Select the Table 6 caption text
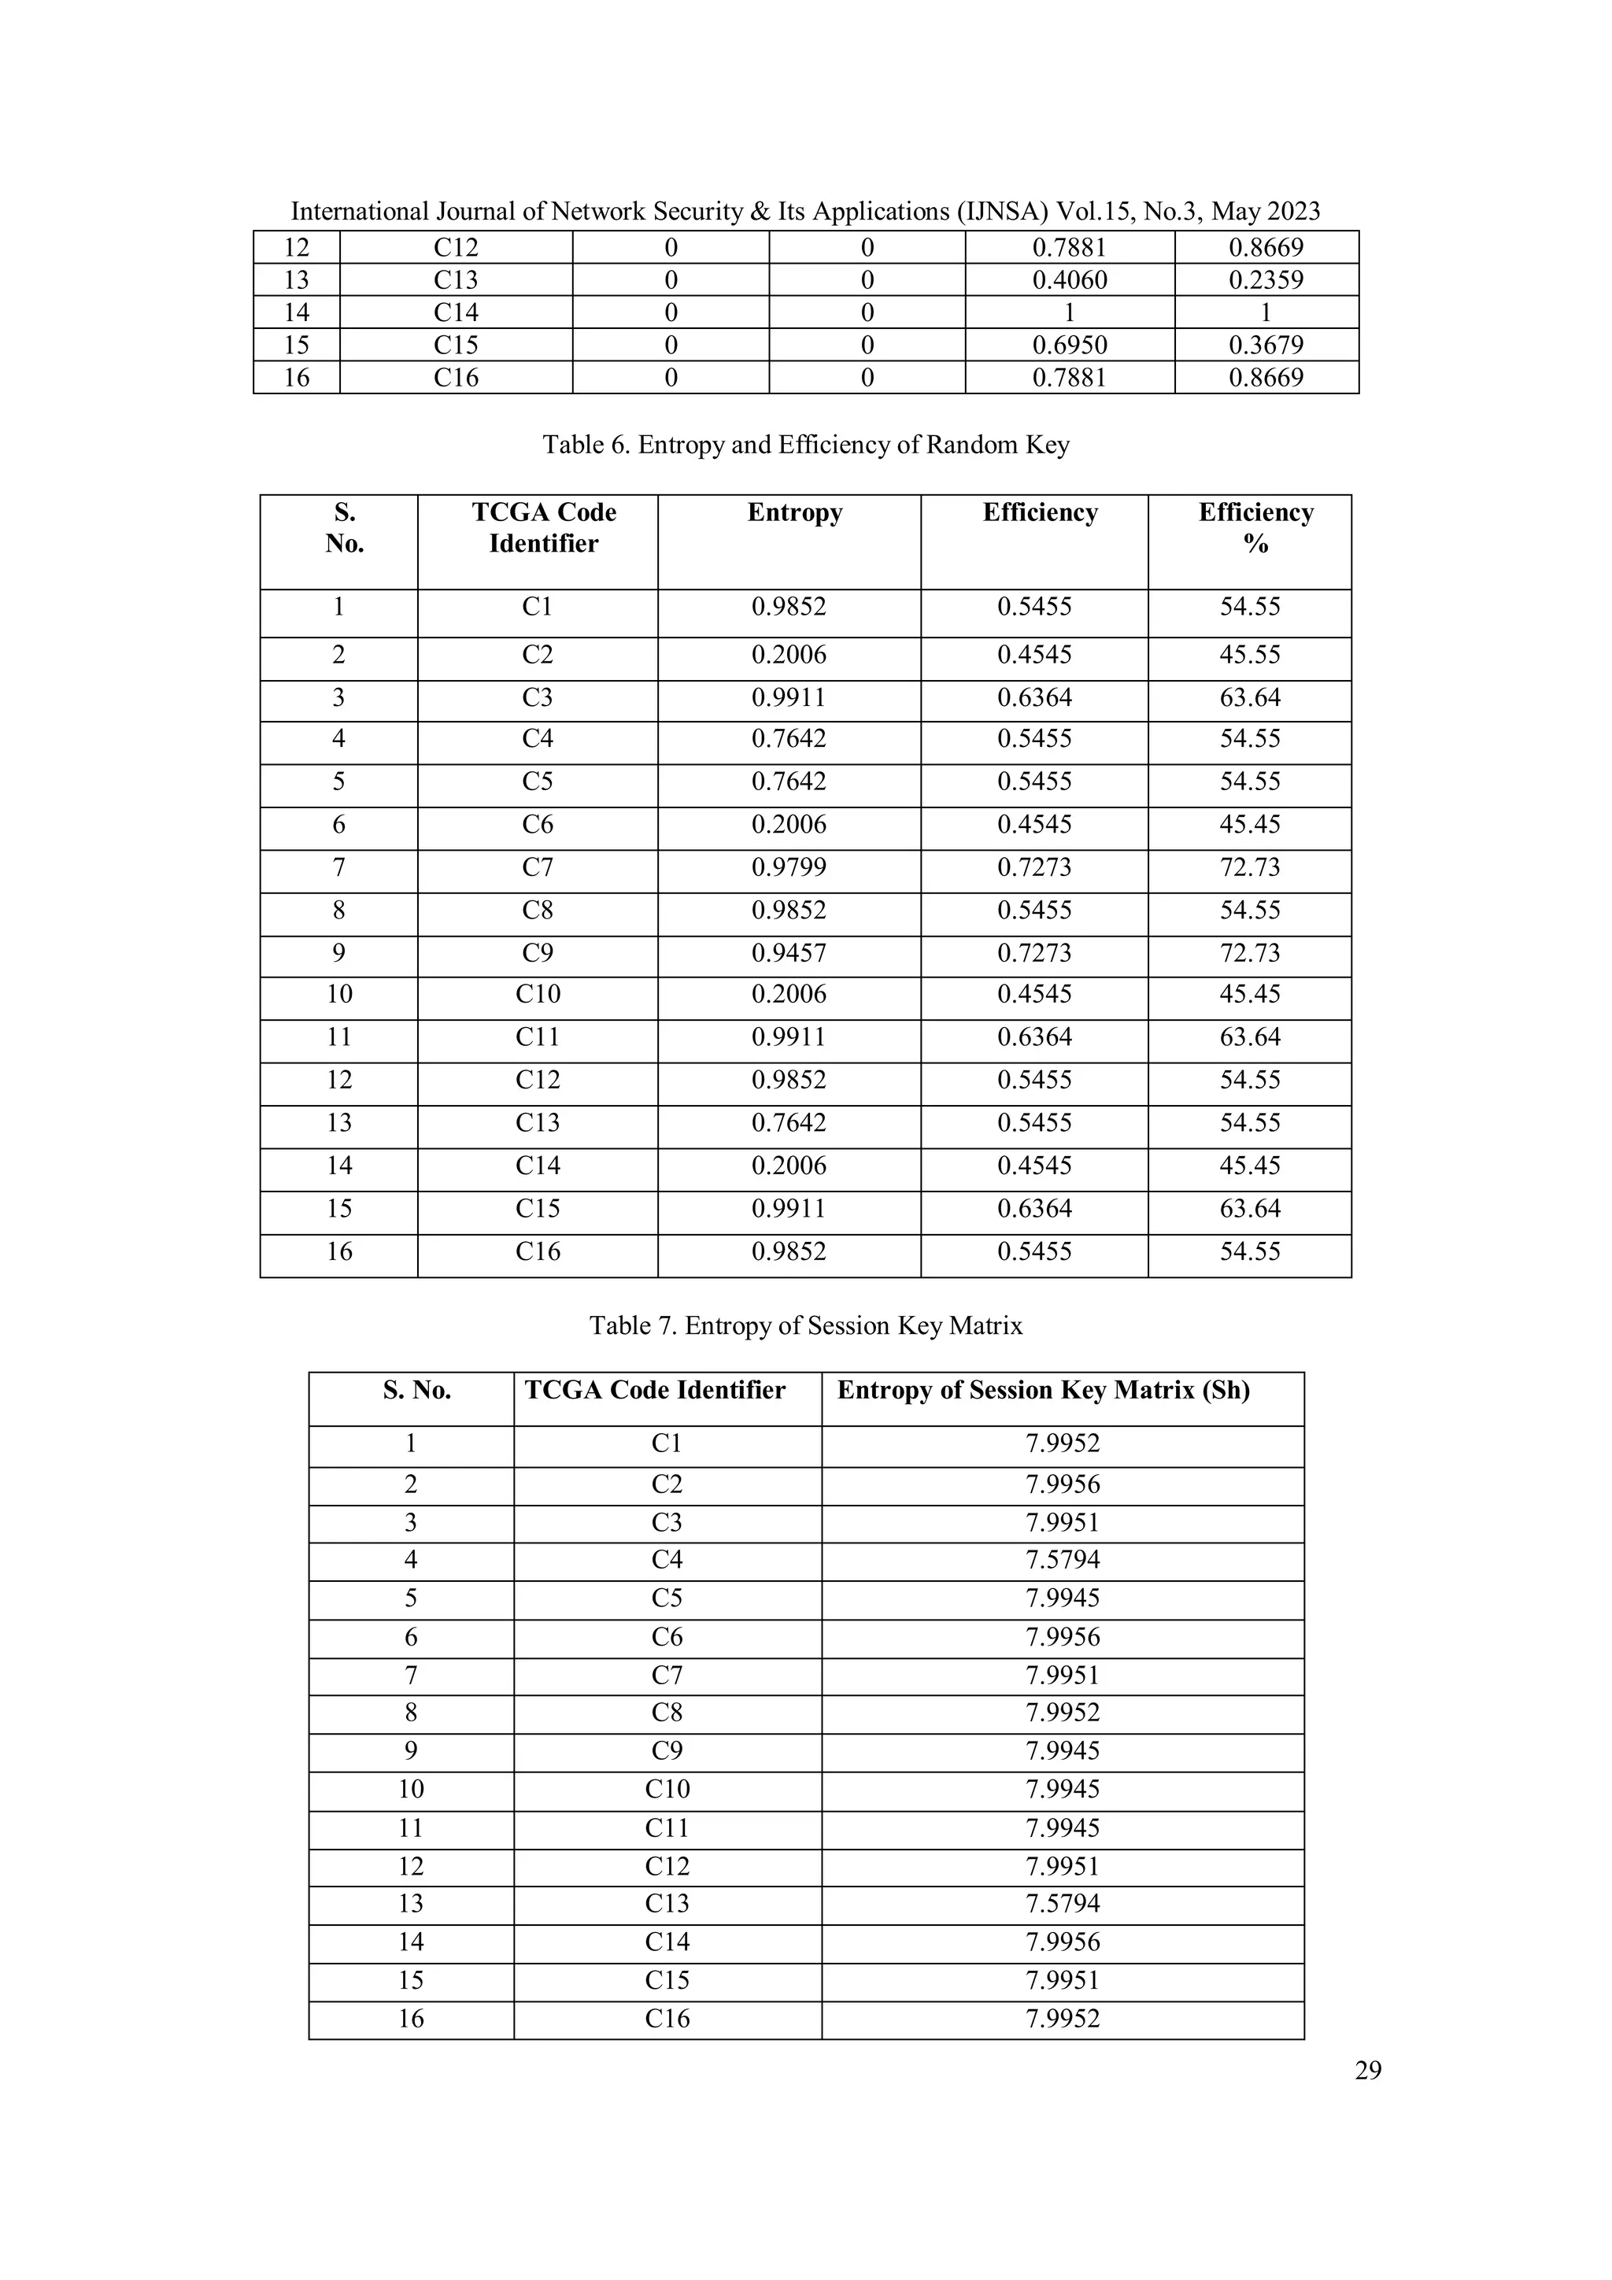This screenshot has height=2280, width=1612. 805,445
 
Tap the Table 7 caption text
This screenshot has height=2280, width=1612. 805,1325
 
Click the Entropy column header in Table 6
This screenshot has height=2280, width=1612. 794,512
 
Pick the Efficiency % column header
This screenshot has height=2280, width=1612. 1255,527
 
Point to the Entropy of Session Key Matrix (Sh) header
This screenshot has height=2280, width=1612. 1043,1390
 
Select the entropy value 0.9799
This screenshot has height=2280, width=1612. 789,868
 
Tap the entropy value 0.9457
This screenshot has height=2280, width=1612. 789,953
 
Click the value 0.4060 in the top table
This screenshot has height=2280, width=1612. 1069,280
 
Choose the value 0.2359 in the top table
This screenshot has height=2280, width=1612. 1266,280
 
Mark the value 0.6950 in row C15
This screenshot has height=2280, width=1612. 1069,346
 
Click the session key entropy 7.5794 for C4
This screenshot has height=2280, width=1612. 1063,1560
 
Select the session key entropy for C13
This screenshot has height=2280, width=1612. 1063,1904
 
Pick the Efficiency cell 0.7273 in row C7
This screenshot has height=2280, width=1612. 1034,868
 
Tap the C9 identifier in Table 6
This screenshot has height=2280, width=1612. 538,953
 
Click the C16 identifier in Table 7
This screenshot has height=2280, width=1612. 667,2019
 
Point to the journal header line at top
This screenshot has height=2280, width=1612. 805,212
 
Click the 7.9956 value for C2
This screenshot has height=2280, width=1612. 1063,1484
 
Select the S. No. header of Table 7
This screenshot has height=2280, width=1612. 417,1390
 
